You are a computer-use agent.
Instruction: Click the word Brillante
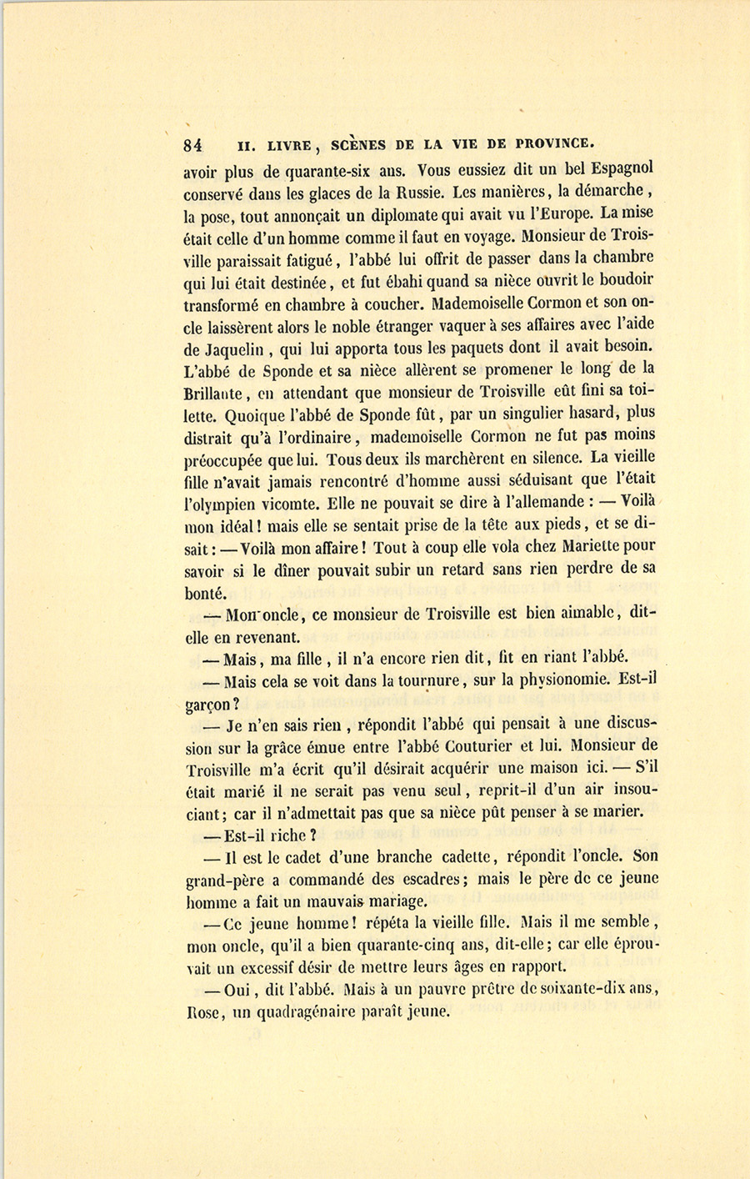pyautogui.click(x=212, y=392)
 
